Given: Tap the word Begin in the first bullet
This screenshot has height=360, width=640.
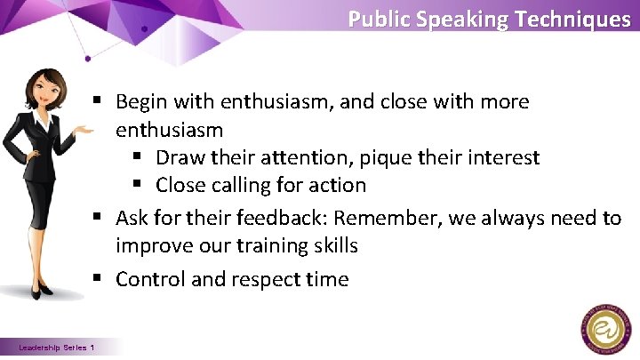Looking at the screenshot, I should pyautogui.click(x=140, y=102).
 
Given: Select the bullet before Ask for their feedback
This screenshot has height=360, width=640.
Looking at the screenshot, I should pyautogui.click(x=103, y=217).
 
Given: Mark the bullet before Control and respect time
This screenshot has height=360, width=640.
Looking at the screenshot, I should pyautogui.click(x=103, y=279).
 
